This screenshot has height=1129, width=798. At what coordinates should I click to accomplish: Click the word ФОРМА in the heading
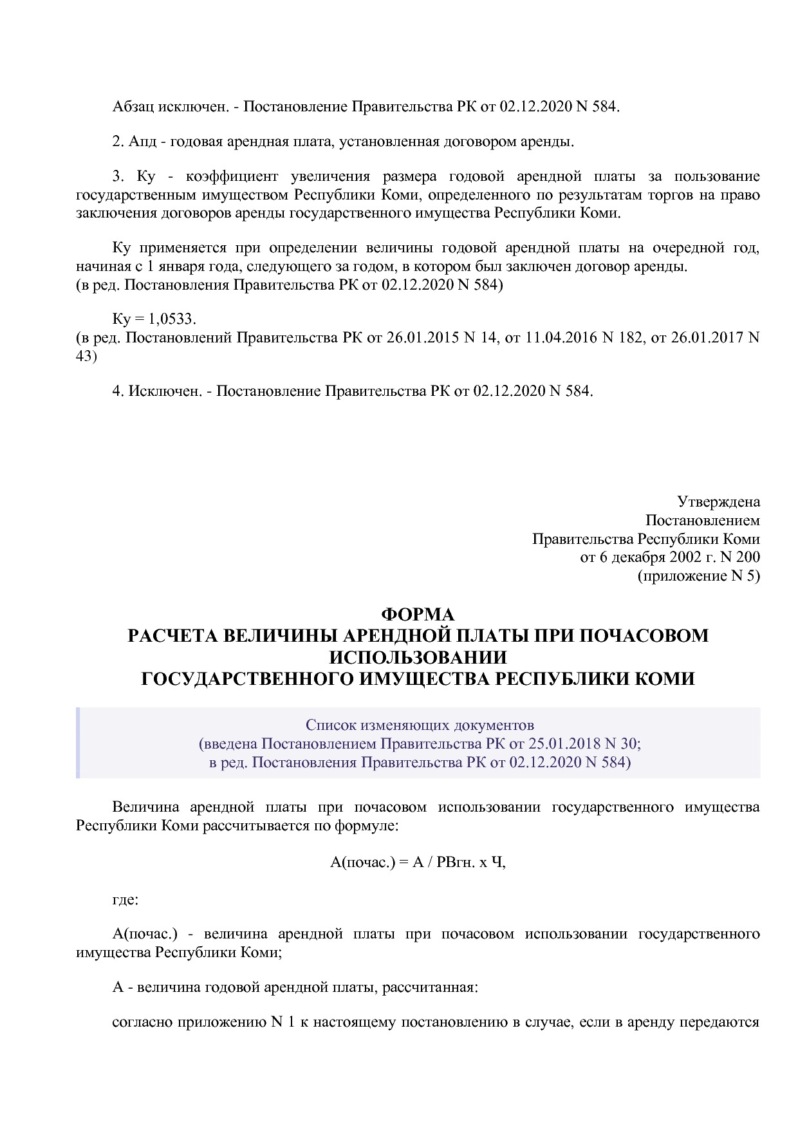pyautogui.click(x=418, y=615)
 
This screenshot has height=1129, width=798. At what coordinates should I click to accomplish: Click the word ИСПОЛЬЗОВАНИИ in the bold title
pyautogui.click(x=418, y=657)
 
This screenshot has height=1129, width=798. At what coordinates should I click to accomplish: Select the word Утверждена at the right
pyautogui.click(x=718, y=501)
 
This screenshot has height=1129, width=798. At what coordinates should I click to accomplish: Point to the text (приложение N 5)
pyautogui.click(x=698, y=576)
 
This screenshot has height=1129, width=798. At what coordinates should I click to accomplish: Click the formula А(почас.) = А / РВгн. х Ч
pyautogui.click(x=418, y=863)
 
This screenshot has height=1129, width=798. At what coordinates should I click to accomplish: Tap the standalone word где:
pyautogui.click(x=125, y=899)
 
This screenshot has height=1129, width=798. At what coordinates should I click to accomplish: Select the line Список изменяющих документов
pyautogui.click(x=420, y=725)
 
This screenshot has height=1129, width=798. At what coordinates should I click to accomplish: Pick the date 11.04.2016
pyautogui.click(x=562, y=337)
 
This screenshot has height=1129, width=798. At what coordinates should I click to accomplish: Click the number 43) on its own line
pyautogui.click(x=86, y=356)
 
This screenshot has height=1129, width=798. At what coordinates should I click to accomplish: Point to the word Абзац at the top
pyautogui.click(x=133, y=107)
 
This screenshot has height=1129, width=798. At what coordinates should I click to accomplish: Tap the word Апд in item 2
pyautogui.click(x=142, y=142)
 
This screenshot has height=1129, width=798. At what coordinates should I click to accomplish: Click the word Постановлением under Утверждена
pyautogui.click(x=702, y=520)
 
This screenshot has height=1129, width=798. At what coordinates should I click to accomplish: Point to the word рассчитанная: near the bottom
pyautogui.click(x=430, y=987)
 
